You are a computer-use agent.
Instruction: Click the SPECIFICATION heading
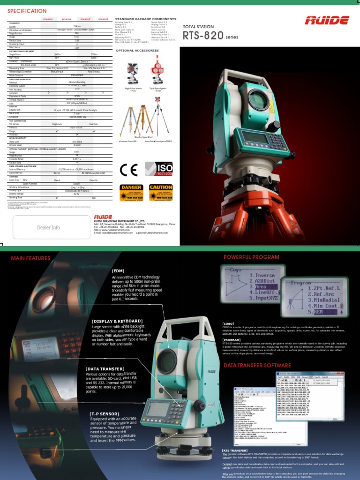[27, 11]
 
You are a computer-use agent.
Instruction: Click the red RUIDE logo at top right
[327, 20]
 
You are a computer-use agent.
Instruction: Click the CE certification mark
[129, 169]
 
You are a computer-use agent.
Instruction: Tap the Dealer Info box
[49, 227]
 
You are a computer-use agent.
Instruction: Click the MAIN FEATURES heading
[30, 258]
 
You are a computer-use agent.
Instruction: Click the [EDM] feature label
[118, 270]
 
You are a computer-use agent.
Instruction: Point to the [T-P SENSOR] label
[105, 414]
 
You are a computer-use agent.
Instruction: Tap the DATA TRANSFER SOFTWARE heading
[257, 365]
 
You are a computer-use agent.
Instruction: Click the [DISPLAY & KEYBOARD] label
[117, 321]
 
